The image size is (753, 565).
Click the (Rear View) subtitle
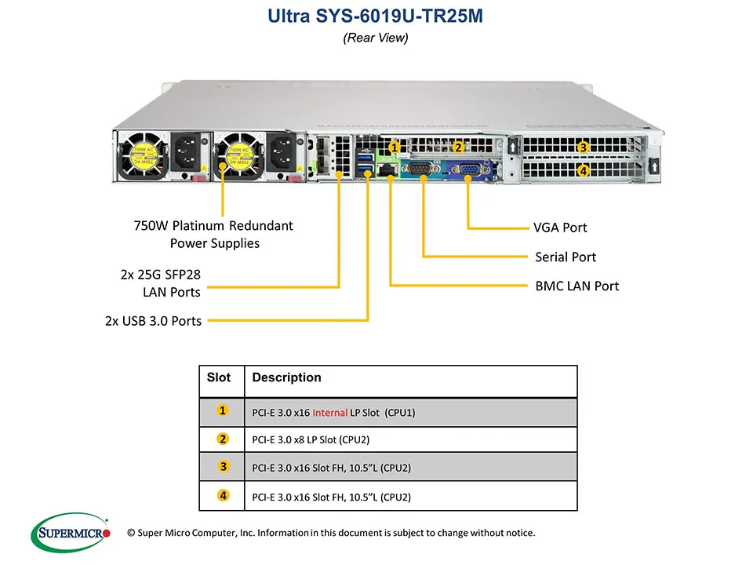point(376,38)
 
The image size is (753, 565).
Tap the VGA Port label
point(560,228)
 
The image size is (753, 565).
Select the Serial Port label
point(565,257)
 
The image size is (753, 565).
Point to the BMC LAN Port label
point(577,286)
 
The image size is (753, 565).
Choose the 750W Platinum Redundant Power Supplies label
point(213,234)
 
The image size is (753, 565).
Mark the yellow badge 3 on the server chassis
point(583,147)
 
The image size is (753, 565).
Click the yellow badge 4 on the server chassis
point(583,170)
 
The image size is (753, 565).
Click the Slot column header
point(219,377)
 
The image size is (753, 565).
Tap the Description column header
point(286,377)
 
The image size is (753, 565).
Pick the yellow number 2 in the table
point(223,439)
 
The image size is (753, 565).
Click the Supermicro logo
point(71,534)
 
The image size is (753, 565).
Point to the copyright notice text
point(330,533)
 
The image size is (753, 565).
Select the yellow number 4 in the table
point(223,496)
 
